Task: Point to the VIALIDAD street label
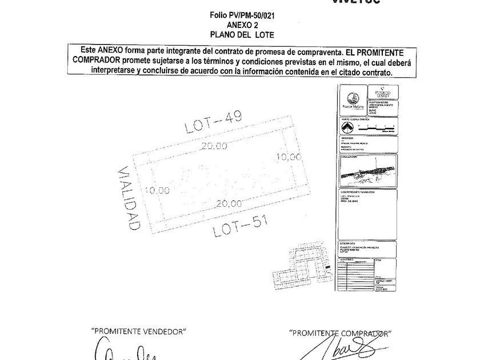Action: point(126,198)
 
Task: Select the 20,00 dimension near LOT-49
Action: point(214,146)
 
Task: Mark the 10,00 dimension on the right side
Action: point(289,156)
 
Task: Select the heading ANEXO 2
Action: point(243,25)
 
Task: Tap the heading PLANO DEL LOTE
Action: point(243,34)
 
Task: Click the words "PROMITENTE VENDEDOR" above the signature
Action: point(139,331)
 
